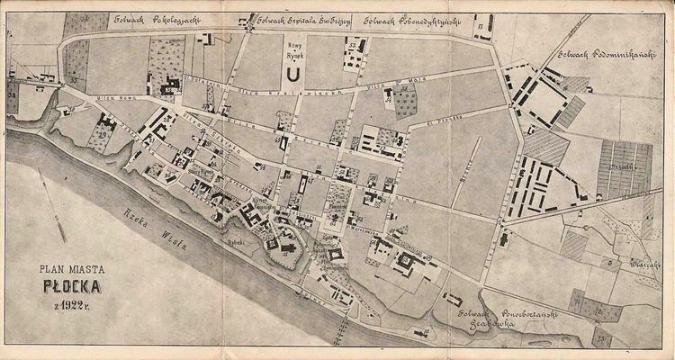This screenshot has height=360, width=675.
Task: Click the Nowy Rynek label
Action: (x=292, y=49)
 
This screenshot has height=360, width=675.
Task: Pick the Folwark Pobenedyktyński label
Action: (x=408, y=19)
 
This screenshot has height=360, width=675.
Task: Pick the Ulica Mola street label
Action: (x=364, y=89)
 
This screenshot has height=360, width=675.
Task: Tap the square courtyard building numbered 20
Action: (x=406, y=261)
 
